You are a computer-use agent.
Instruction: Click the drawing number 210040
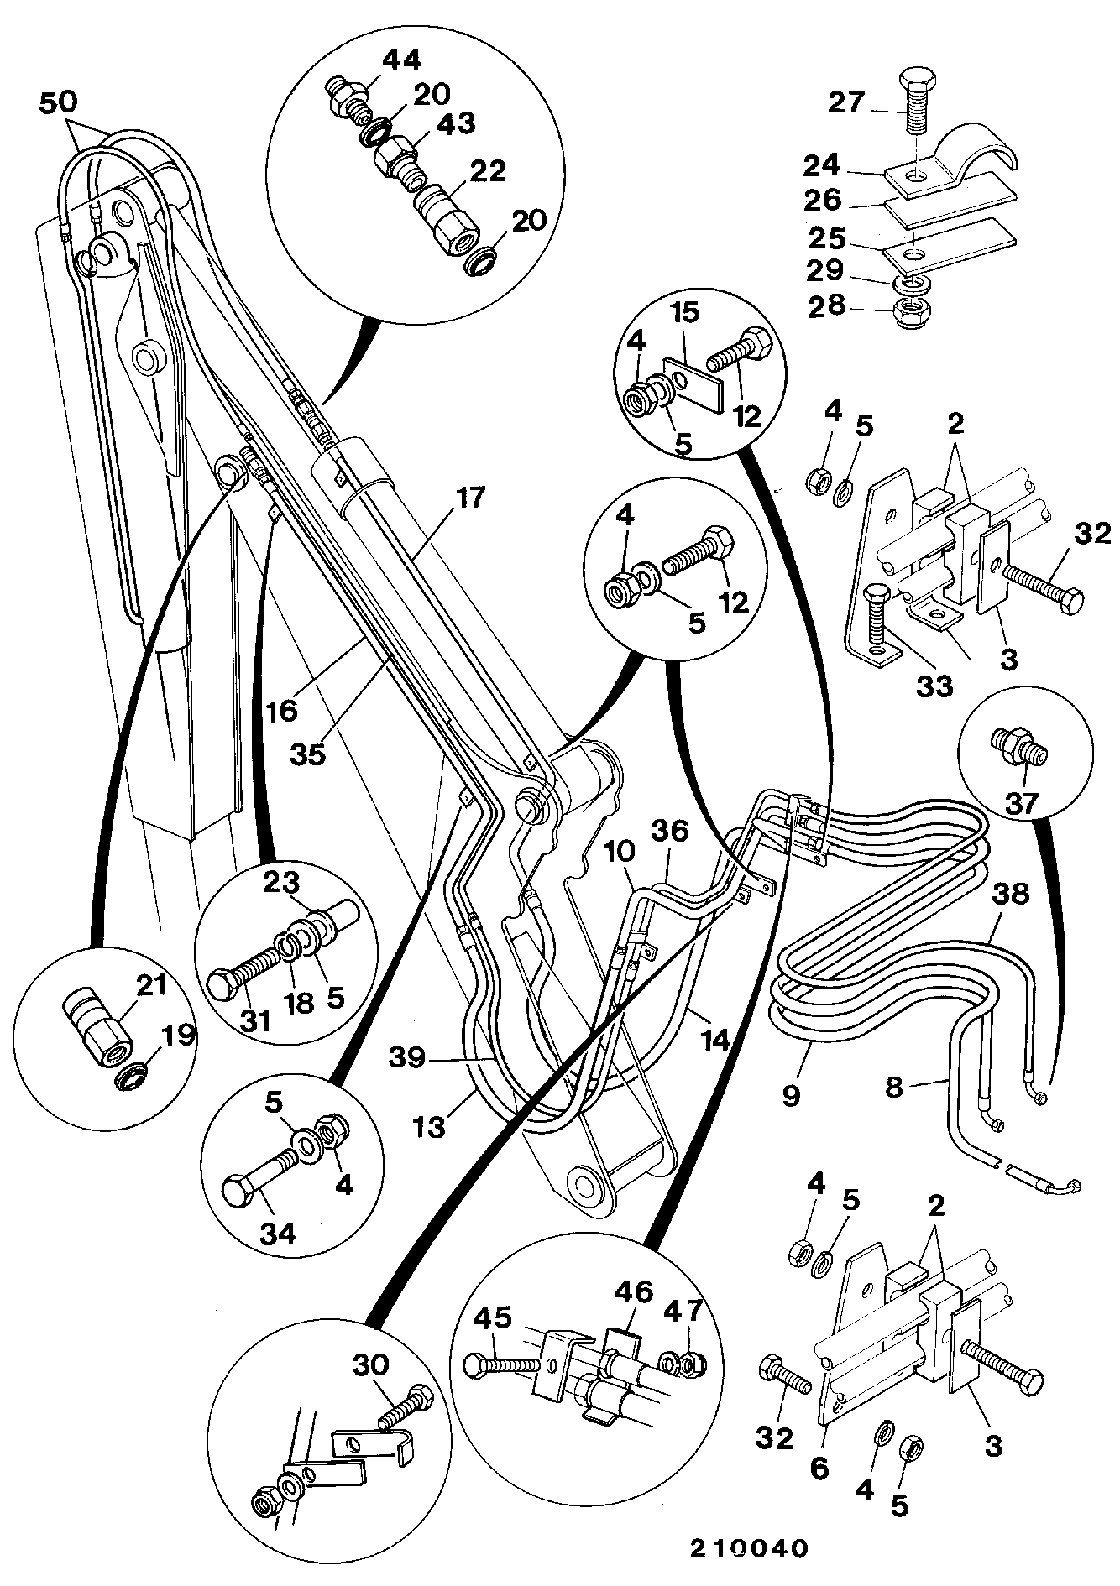tap(749, 1547)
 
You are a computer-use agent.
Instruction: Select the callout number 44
tap(404, 60)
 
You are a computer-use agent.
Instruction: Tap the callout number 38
tap(1012, 894)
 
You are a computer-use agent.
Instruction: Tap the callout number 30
tap(370, 1364)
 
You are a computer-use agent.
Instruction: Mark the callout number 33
tap(934, 686)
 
